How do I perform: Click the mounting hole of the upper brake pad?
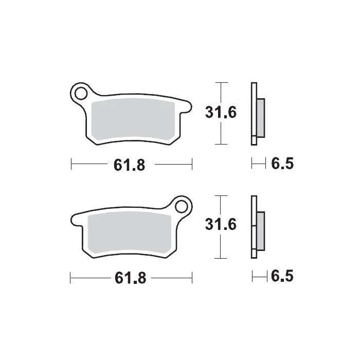pyautogui.click(x=81, y=94)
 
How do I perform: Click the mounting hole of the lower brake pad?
pyautogui.click(x=181, y=206)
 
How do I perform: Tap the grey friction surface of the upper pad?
pyautogui.click(x=133, y=119)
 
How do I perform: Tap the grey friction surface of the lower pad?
pyautogui.click(x=130, y=232)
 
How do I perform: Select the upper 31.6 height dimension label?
pyautogui.click(x=221, y=113)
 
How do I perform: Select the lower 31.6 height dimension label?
pyautogui.click(x=221, y=224)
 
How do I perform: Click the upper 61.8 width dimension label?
pyautogui.click(x=130, y=165)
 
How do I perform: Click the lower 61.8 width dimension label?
pyautogui.click(x=131, y=278)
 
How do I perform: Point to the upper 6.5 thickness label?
pyautogui.click(x=282, y=164)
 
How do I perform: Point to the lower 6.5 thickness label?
pyautogui.click(x=282, y=276)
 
